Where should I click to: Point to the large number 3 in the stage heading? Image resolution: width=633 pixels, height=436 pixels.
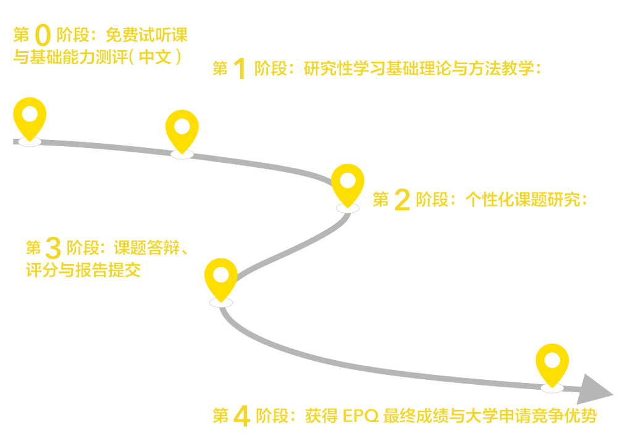pos(53,249)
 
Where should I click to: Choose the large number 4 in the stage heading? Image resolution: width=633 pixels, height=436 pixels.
pos(240,416)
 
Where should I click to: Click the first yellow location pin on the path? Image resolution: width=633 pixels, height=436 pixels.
pos(30,117)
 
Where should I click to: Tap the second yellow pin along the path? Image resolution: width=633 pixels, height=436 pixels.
pos(182,129)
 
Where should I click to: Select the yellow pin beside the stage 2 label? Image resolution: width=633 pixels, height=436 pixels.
pos(348,183)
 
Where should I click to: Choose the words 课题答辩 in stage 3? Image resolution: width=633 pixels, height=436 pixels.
pos(146,249)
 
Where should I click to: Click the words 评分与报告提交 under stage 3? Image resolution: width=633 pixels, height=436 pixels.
pos(83,271)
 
